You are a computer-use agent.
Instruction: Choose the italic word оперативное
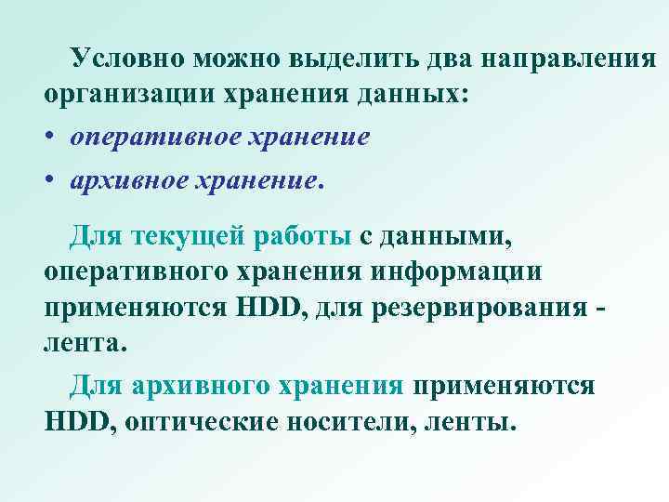149,138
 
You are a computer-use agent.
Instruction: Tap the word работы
301,239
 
